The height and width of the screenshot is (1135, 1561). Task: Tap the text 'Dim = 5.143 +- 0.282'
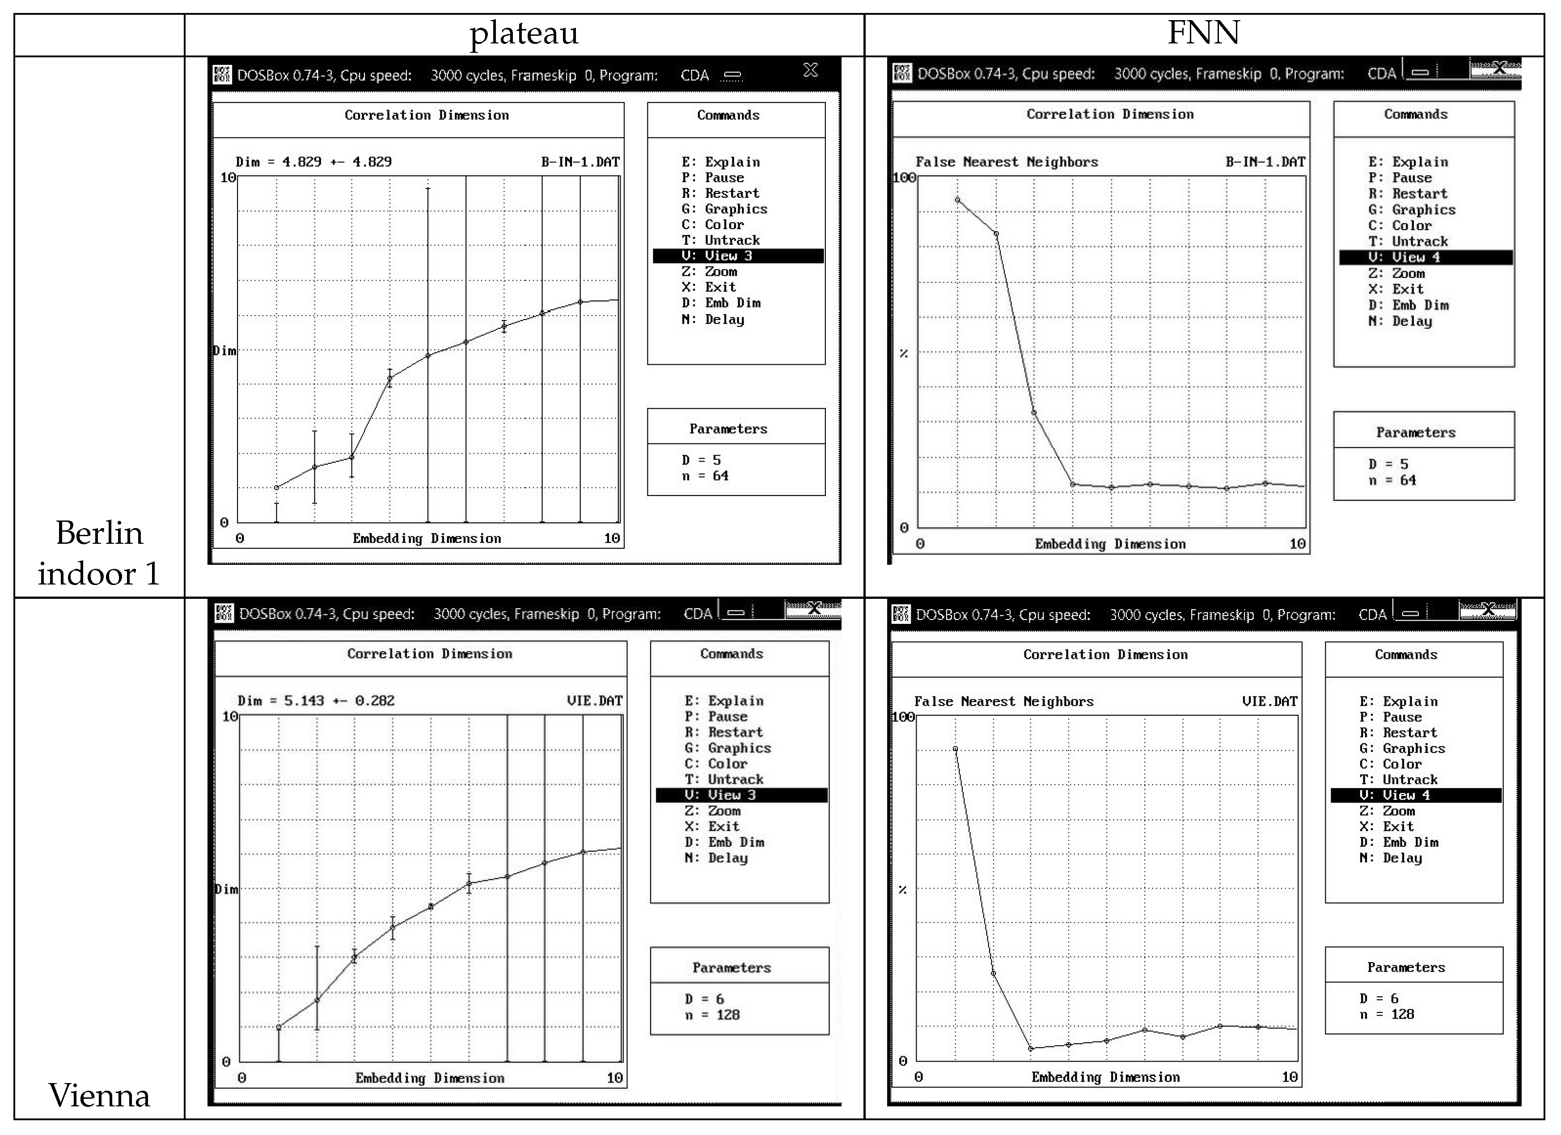click(x=316, y=700)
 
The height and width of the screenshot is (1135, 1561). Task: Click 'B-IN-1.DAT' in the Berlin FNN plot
click(x=1265, y=162)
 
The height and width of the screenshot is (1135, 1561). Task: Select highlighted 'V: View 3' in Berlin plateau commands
click(x=737, y=256)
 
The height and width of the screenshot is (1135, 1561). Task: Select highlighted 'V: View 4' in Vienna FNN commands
click(x=1415, y=795)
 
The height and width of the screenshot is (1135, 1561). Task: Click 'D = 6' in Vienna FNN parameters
click(x=1379, y=998)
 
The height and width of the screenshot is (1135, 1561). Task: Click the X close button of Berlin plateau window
click(x=810, y=70)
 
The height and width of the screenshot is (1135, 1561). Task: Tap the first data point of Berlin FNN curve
click(x=957, y=200)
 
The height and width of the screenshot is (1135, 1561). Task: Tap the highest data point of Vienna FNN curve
click(x=955, y=749)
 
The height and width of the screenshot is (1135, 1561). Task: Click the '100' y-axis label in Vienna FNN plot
click(x=902, y=717)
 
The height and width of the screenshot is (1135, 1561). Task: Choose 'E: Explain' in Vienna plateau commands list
click(x=723, y=700)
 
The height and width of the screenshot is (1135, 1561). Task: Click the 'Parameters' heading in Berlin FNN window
click(x=1415, y=432)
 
